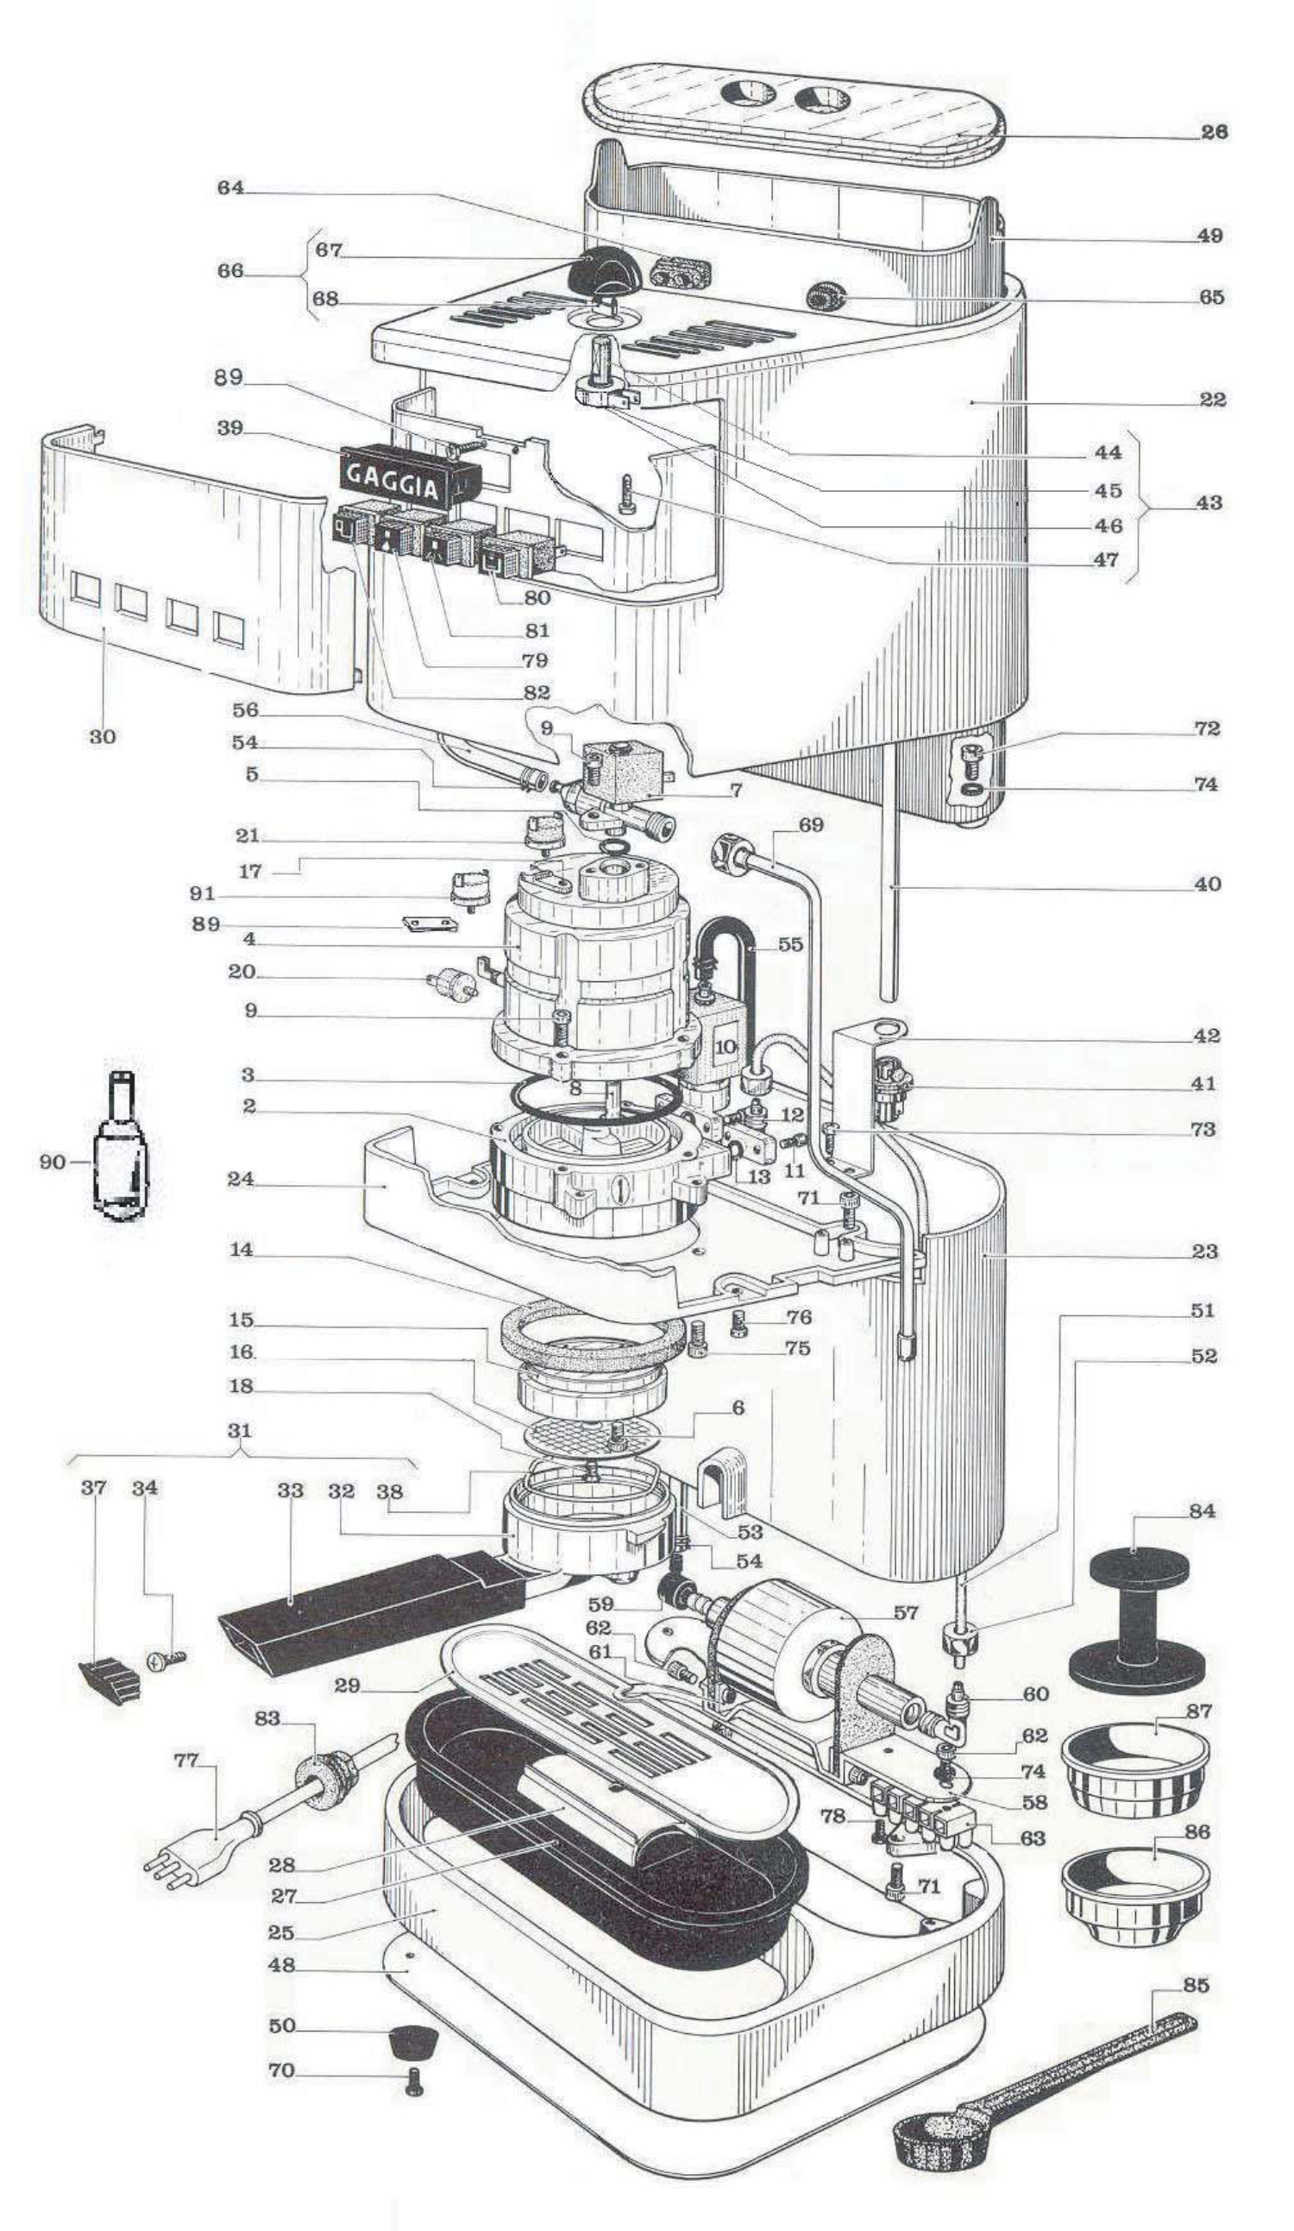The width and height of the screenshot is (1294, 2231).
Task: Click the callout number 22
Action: click(x=1213, y=400)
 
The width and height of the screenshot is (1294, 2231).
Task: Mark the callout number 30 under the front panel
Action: click(x=103, y=736)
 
